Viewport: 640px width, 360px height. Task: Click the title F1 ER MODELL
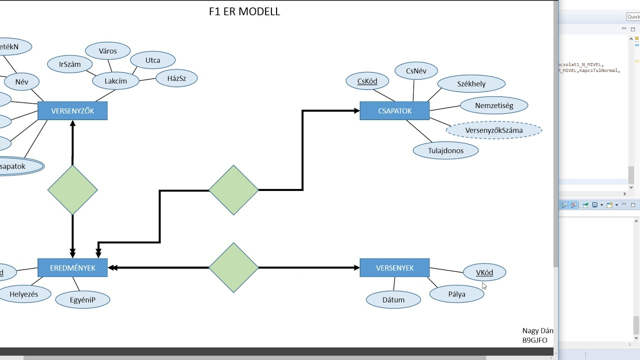click(244, 11)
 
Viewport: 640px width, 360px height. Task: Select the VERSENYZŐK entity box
click(72, 111)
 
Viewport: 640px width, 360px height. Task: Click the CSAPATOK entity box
click(394, 111)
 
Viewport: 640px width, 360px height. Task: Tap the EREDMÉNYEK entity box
click(72, 268)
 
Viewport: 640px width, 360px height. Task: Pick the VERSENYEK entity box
click(394, 268)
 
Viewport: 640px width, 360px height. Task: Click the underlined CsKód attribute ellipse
click(367, 81)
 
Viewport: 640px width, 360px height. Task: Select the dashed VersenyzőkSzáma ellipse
click(493, 130)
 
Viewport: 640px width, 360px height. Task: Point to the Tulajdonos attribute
click(445, 150)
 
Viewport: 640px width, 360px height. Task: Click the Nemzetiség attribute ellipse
click(494, 105)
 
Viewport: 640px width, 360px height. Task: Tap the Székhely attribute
click(471, 84)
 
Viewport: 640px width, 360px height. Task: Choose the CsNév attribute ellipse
click(416, 71)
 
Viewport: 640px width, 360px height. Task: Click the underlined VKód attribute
click(484, 272)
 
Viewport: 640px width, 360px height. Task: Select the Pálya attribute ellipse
click(456, 294)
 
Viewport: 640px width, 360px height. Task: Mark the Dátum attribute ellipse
click(393, 299)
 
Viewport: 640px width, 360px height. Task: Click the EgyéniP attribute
click(82, 299)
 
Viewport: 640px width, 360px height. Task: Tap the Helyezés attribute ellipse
click(23, 294)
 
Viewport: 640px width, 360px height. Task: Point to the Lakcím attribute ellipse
click(115, 81)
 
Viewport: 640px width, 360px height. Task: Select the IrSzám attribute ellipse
click(70, 64)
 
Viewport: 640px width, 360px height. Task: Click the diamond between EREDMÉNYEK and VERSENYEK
click(233, 268)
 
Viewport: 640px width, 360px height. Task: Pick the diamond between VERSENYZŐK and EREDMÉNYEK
click(72, 190)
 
